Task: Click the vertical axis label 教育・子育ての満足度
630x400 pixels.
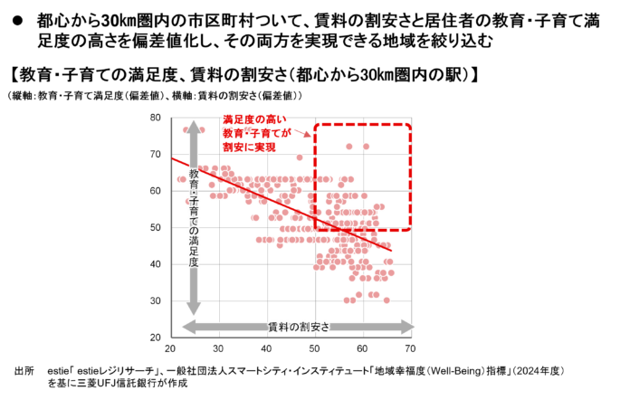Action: coord(194,217)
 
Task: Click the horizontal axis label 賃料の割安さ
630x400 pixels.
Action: coord(299,327)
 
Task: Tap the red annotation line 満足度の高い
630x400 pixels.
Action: coord(255,119)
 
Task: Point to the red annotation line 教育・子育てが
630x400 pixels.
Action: coord(257,133)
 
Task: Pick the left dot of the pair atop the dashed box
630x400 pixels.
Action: coord(348,146)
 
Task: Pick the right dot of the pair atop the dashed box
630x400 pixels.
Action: coord(367,146)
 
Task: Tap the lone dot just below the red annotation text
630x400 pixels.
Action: coord(300,157)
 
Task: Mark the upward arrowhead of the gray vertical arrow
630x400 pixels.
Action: coord(193,126)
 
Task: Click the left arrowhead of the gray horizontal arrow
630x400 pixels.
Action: coord(187,327)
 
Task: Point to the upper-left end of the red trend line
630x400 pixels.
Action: coord(174,158)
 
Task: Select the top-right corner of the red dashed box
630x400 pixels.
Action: coord(410,124)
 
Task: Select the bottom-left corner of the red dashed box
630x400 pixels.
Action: coord(315,228)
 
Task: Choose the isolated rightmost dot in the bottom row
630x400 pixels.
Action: coord(387,300)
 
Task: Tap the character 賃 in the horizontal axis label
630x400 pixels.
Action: coord(272,327)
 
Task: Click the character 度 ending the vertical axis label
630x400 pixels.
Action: coord(194,262)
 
